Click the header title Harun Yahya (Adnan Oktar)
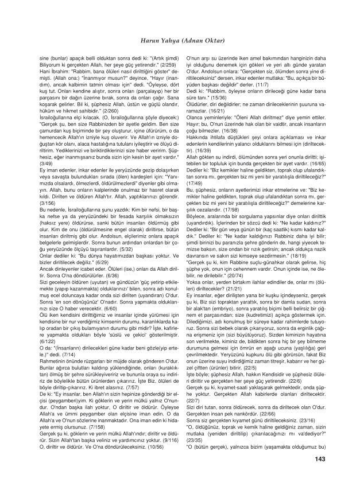pyautogui.click(x=180, y=40)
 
